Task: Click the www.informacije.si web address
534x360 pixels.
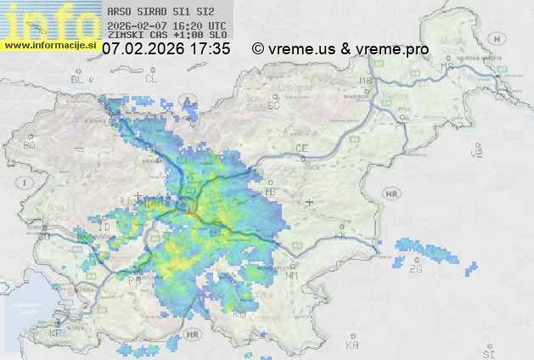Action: (50, 45)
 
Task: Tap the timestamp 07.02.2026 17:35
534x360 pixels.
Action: (166, 49)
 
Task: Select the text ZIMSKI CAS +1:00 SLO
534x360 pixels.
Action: (167, 36)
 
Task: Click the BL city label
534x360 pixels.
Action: (78, 79)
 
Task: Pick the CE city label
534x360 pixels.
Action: (301, 149)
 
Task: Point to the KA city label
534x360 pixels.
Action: (352, 346)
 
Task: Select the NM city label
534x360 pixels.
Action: (293, 275)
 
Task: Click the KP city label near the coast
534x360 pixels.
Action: (56, 334)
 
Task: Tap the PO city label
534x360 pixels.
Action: (134, 278)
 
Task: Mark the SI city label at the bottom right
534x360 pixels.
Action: (487, 352)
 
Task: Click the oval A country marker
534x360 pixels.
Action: (186, 101)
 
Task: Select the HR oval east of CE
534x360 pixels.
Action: (391, 194)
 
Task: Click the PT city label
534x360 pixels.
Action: (397, 125)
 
